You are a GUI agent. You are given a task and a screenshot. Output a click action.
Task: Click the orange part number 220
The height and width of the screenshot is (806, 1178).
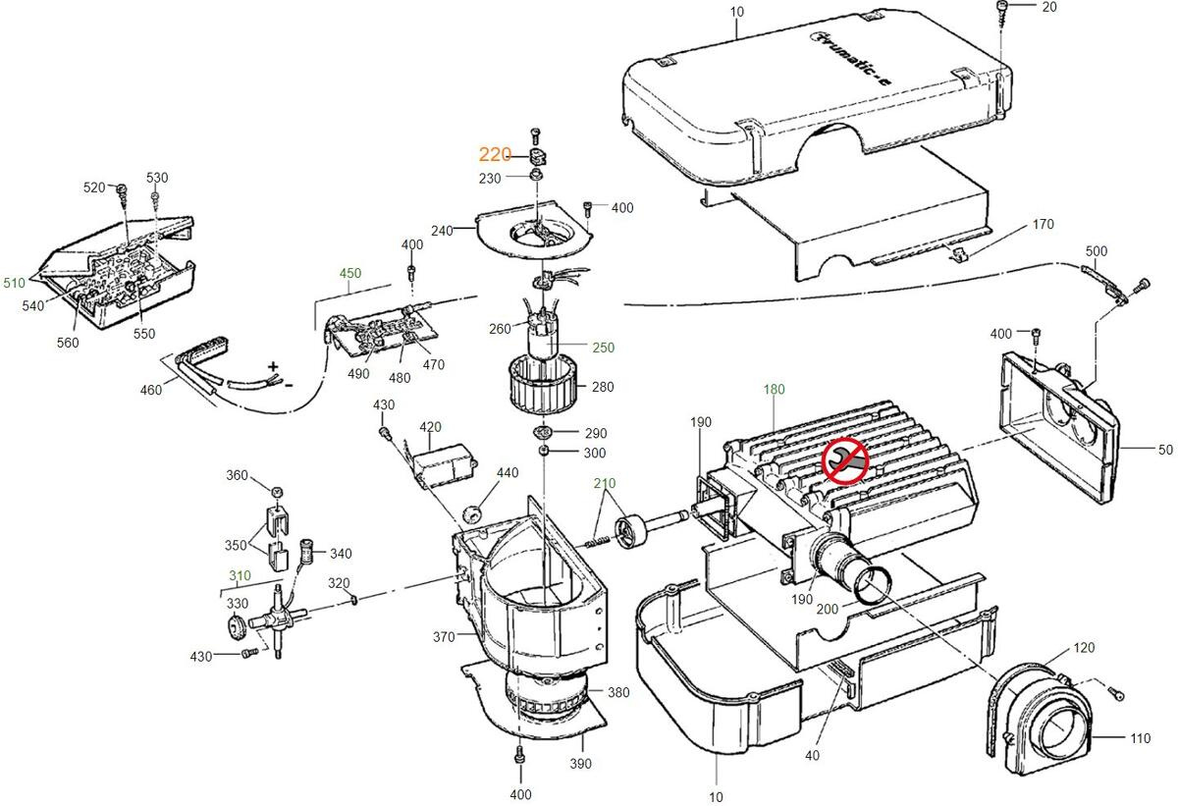[x=495, y=155]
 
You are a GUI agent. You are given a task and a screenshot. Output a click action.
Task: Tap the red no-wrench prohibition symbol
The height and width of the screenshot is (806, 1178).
[x=844, y=461]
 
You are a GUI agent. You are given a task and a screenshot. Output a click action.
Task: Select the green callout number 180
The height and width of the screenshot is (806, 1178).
[x=775, y=390]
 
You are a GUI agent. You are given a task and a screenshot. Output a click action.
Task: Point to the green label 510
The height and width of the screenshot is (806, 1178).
[x=14, y=283]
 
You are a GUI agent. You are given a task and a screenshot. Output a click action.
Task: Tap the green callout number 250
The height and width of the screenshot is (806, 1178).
[x=603, y=348]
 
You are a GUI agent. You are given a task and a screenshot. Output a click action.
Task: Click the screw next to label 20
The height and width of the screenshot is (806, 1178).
[x=1000, y=9]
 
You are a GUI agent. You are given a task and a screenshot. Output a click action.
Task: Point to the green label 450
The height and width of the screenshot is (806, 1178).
[x=350, y=274]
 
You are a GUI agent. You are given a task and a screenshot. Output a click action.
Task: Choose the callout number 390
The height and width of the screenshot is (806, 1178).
[x=580, y=763]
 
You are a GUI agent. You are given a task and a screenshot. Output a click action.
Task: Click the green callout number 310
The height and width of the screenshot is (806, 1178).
[x=240, y=575]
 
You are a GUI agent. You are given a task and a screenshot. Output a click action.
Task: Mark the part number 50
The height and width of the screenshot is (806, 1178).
[x=1165, y=450]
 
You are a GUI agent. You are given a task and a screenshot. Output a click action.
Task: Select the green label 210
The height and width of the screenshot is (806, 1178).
[x=604, y=484]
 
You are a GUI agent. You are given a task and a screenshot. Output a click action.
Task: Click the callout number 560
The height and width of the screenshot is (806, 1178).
[x=67, y=343]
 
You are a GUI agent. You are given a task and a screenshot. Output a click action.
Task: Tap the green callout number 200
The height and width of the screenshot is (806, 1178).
[x=828, y=609]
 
